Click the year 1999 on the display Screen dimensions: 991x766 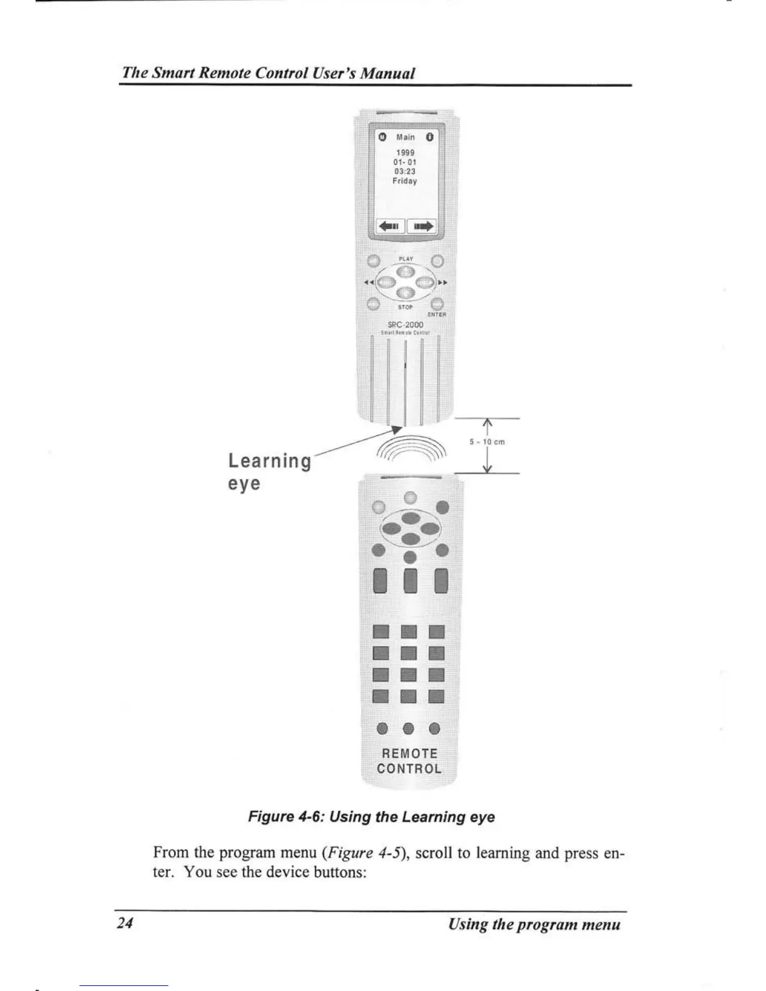[405, 153]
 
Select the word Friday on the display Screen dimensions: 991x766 [405, 181]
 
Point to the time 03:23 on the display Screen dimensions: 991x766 [405, 171]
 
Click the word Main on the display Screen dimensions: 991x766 [405, 137]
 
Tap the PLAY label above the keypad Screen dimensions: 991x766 [406, 258]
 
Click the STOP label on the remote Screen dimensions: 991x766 [406, 307]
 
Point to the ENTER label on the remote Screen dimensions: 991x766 [437, 315]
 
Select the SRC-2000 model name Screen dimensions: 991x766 [406, 325]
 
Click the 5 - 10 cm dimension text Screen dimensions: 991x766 [487, 442]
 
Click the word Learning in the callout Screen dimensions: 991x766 [269, 461]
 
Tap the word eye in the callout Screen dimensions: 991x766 [244, 484]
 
